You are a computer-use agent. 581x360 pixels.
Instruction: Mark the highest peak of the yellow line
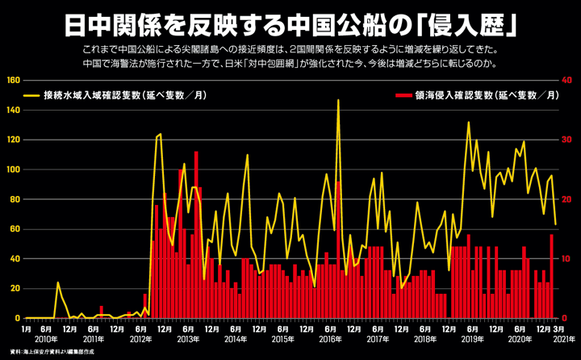(x=338, y=100)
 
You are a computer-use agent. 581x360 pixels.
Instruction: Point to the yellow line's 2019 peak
(x=468, y=123)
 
